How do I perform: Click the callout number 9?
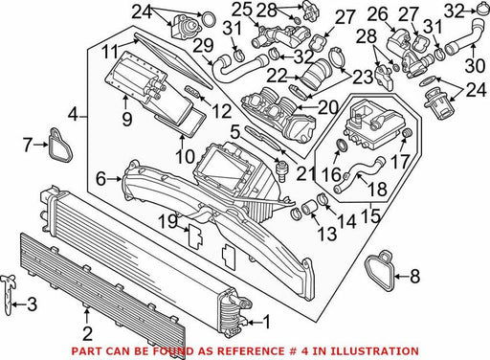(x=126, y=120)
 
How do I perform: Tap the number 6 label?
(x=100, y=179)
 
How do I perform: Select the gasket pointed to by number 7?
(x=59, y=146)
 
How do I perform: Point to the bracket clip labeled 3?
(x=10, y=294)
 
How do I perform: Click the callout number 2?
(x=87, y=334)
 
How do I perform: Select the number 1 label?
(x=266, y=322)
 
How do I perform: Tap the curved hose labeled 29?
(x=237, y=65)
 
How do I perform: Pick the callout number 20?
(x=327, y=107)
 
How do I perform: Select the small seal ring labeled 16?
(x=342, y=146)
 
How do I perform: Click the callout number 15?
(x=371, y=215)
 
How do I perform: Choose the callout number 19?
(x=169, y=221)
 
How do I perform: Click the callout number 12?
(x=222, y=111)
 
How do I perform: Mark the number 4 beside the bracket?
(x=74, y=114)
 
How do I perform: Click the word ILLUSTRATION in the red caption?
(x=374, y=351)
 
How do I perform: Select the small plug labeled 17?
(x=407, y=132)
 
